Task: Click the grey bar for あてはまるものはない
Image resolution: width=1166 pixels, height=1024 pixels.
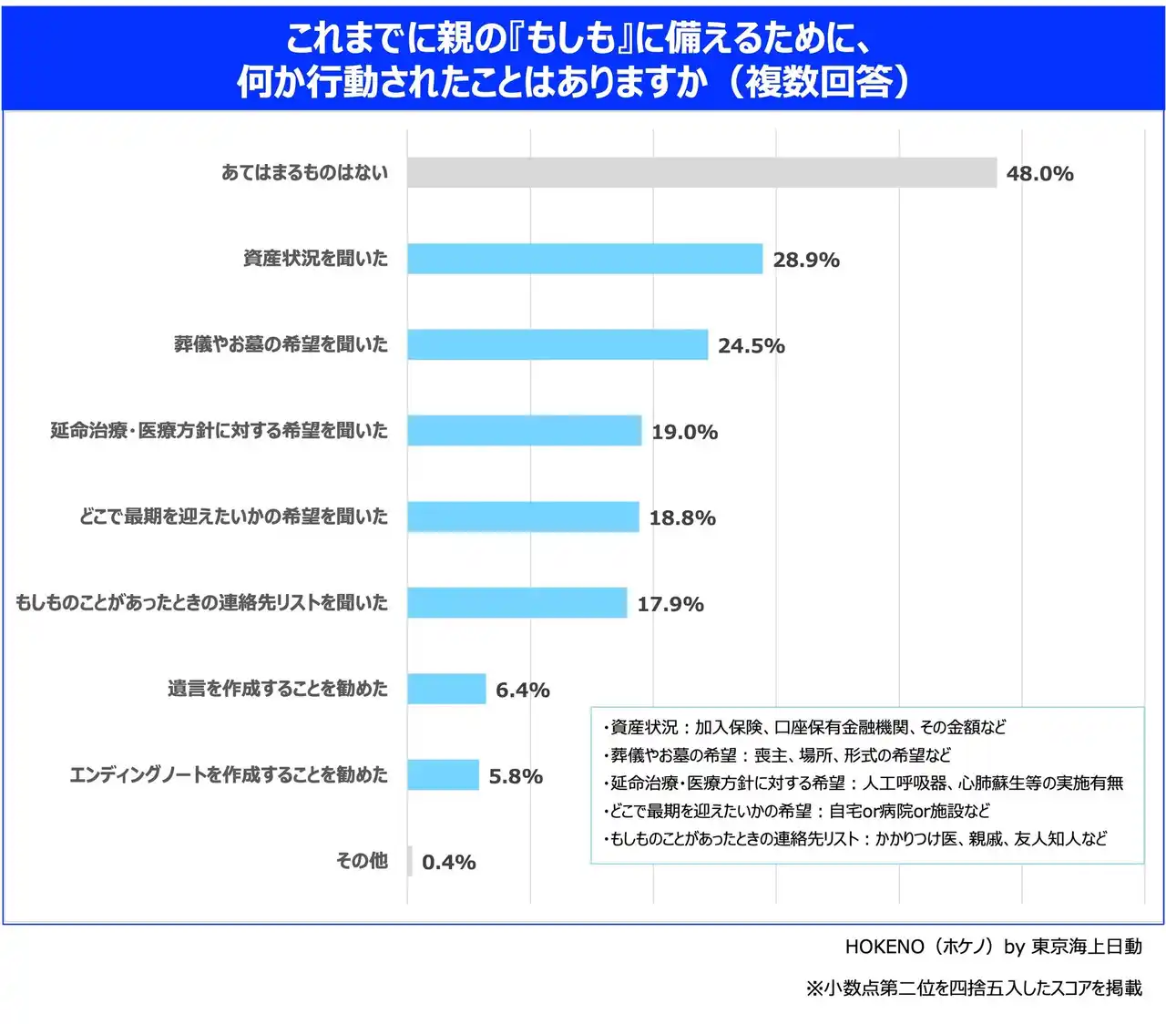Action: pos(701,172)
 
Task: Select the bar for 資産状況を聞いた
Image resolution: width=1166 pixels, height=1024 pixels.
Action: pos(584,259)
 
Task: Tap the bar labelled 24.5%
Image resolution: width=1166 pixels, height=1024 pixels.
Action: pos(557,344)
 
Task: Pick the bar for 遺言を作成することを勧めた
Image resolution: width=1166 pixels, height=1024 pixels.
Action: pos(446,689)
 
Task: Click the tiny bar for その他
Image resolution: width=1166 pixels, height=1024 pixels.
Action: pos(410,861)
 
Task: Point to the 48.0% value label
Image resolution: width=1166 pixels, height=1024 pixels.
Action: pos(1039,173)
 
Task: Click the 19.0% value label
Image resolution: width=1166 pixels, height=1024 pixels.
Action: pos(684,432)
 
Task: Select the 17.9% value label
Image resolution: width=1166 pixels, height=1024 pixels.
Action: pos(670,604)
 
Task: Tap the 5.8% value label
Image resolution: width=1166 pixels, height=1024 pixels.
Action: pos(516,776)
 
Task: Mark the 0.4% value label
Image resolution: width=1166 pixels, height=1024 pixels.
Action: pos(448,862)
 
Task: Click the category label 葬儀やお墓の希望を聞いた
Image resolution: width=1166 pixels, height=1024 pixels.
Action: pos(281,344)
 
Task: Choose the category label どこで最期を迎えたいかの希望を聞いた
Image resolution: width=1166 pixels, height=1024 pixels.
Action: pos(233,517)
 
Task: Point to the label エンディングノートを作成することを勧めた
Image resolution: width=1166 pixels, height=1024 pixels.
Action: pos(229,775)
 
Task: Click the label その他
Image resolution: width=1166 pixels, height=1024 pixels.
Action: pos(362,861)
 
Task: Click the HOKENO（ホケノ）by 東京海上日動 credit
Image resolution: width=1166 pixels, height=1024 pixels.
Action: pos(993,947)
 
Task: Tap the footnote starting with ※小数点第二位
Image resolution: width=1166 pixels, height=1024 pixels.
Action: pos(973,988)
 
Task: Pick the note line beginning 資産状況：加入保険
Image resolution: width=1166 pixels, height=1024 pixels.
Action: pos(805,727)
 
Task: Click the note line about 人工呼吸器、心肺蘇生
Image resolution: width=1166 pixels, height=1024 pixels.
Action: pos(864,783)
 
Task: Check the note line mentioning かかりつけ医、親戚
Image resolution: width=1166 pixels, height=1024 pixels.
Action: pos(855,838)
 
